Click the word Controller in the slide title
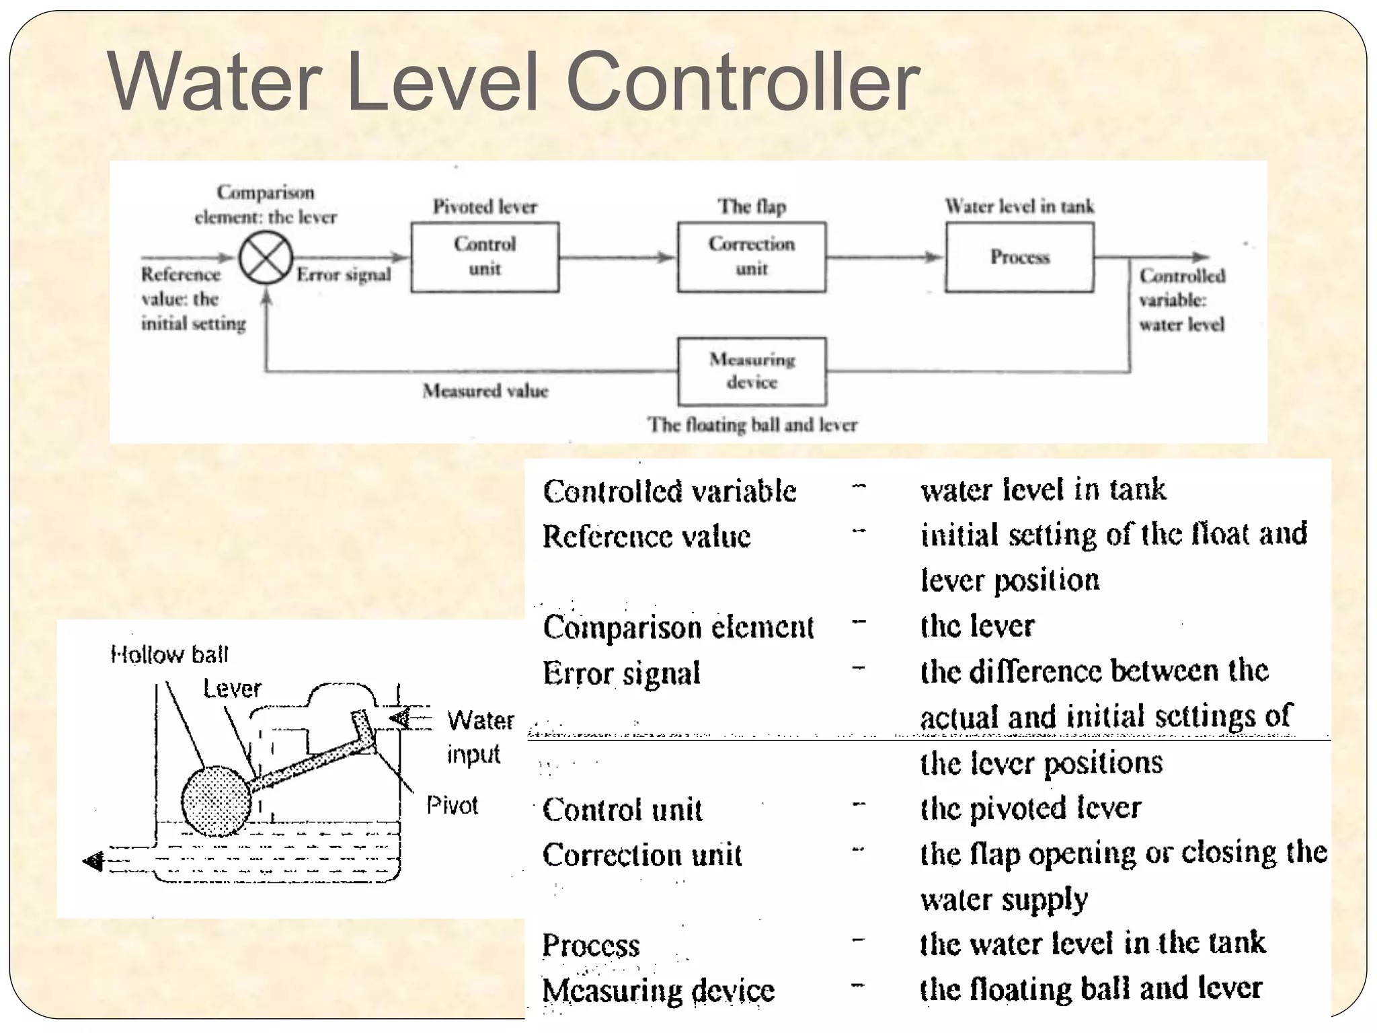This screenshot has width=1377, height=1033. point(743,82)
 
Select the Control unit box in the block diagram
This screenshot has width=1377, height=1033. point(485,257)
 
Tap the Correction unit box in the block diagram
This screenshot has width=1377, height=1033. point(752,257)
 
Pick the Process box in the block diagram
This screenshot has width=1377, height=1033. point(1019,257)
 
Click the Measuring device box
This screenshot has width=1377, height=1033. point(752,371)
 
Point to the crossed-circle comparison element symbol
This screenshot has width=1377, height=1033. point(266,258)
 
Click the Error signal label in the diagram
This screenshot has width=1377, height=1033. point(344,275)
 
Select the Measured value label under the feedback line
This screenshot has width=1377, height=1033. point(485,391)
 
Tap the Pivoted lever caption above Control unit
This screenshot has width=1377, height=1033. point(485,206)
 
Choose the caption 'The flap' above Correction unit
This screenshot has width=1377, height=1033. point(752,206)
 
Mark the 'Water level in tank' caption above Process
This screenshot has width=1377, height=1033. point(1019,206)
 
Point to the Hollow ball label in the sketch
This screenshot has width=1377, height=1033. point(169,654)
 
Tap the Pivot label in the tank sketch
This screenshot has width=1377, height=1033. point(452,805)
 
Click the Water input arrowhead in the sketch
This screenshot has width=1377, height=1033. point(399,718)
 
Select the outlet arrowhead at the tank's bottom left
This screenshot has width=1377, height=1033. point(93,861)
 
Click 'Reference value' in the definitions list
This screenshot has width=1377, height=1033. point(646,537)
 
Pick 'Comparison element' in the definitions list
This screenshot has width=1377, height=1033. point(678,627)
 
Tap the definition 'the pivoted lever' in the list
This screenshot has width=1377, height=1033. point(1030,808)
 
